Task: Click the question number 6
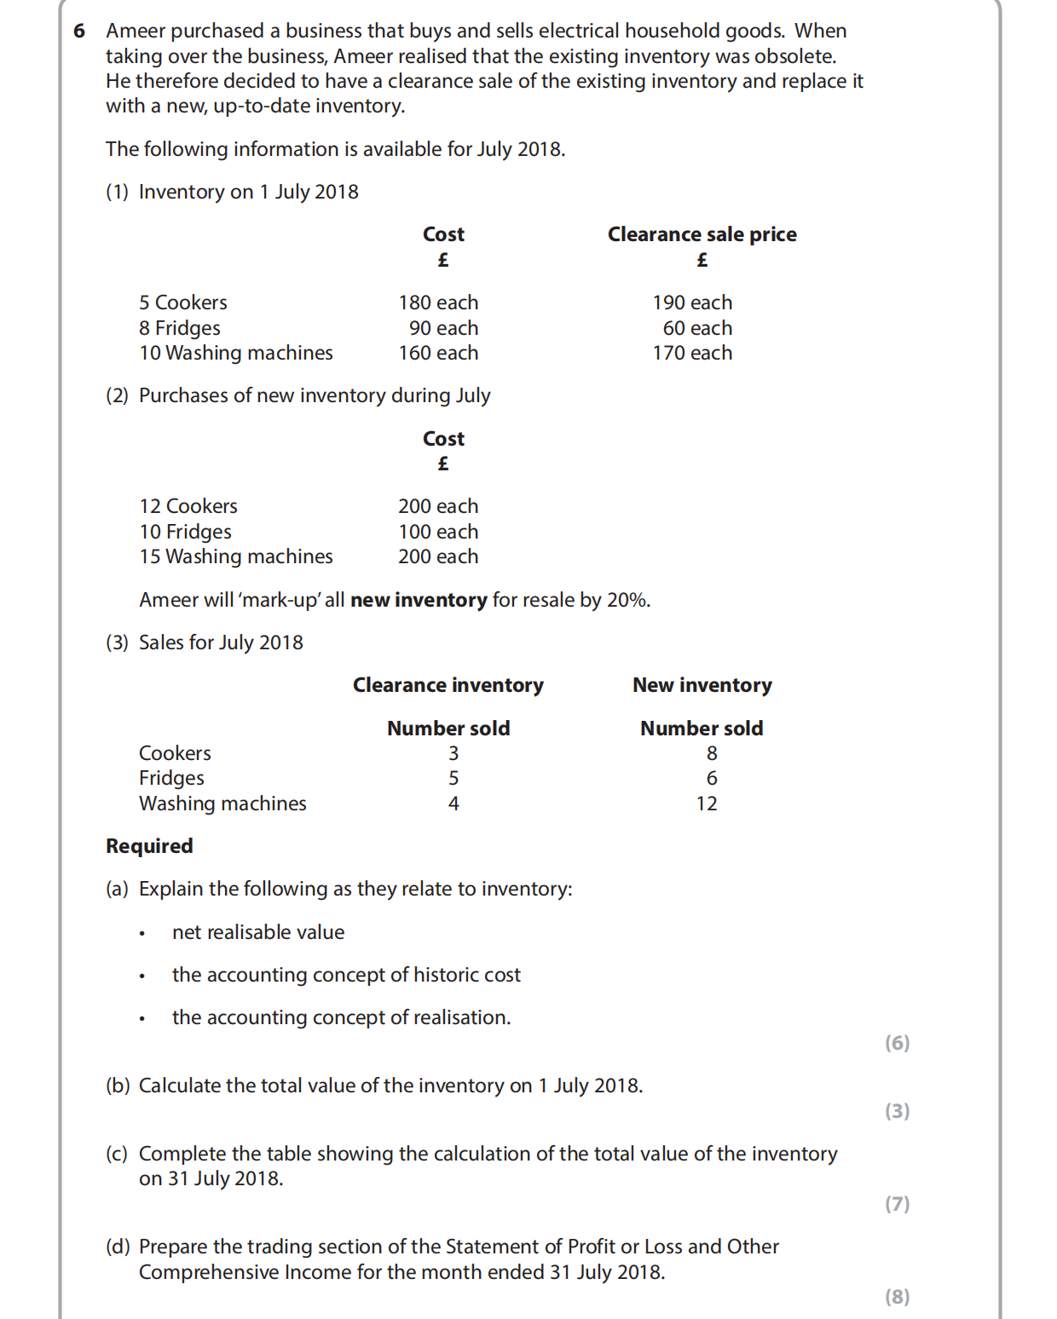(x=79, y=32)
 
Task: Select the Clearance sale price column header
(x=702, y=234)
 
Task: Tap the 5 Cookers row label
(x=183, y=302)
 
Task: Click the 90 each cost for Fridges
(x=443, y=328)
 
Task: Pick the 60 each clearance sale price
(x=697, y=328)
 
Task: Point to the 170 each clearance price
(x=692, y=353)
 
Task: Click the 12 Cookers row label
(x=188, y=506)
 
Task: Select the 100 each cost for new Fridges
(x=438, y=532)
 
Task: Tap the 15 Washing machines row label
(x=236, y=556)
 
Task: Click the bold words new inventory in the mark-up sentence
(x=419, y=600)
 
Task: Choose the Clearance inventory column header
(x=448, y=685)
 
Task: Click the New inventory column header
(x=702, y=685)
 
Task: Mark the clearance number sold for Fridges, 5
(x=453, y=778)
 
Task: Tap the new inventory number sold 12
(x=707, y=803)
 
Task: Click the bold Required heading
(x=149, y=846)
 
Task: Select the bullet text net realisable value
(x=258, y=932)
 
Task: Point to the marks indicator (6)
(x=897, y=1043)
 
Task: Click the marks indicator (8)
(x=897, y=1297)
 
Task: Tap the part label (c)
(x=117, y=1154)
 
